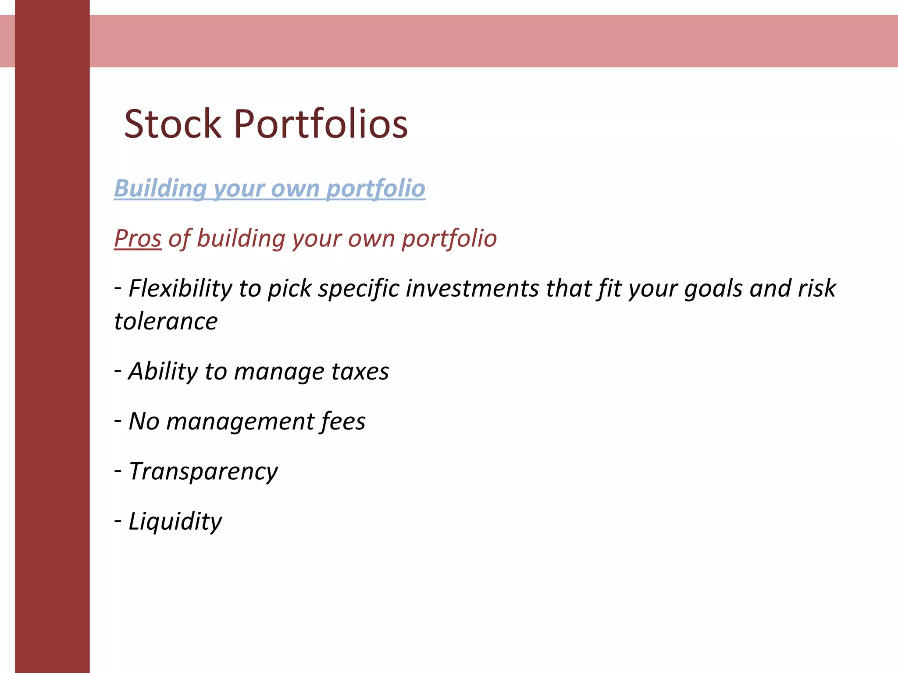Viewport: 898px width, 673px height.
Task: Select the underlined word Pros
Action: (x=138, y=238)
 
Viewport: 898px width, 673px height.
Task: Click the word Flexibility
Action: (x=180, y=288)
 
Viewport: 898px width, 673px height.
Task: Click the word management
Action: (x=240, y=422)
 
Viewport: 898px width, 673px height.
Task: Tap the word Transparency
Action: (x=203, y=472)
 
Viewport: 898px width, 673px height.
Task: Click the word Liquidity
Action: (x=175, y=521)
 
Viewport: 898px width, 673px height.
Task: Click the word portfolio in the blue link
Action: (x=376, y=188)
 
